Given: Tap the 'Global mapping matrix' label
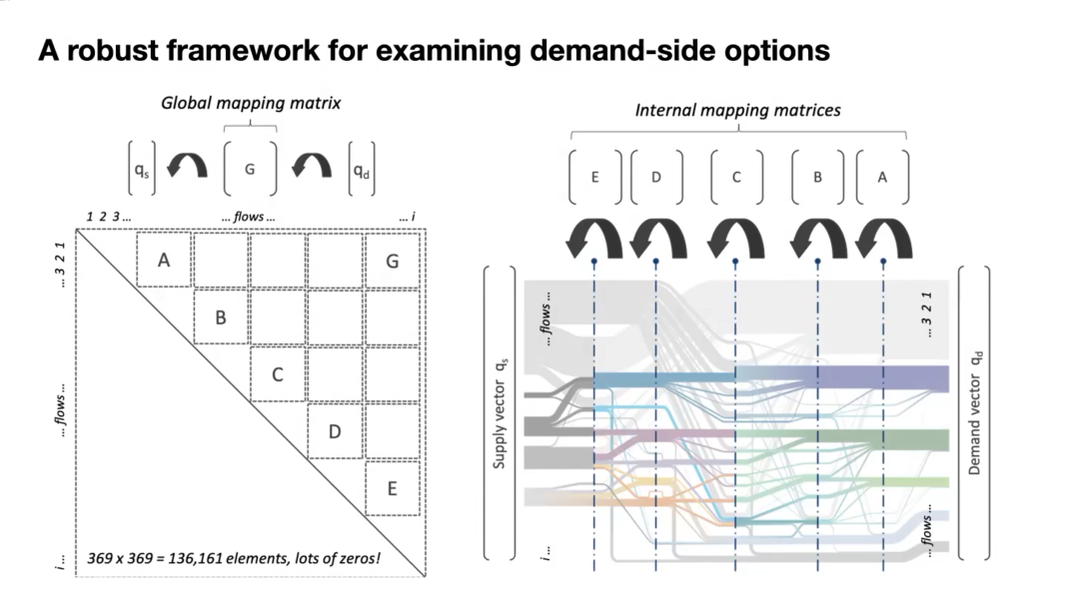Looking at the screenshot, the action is (251, 103).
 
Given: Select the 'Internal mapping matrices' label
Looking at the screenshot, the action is (737, 110).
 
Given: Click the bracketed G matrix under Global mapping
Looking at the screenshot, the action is (250, 169).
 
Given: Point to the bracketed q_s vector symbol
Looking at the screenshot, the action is (141, 169).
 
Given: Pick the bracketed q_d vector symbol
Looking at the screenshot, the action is (362, 169).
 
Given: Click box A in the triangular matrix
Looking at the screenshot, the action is (164, 260).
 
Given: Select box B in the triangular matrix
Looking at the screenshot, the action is (221, 316).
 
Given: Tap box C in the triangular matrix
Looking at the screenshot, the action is (277, 374).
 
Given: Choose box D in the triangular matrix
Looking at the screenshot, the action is (334, 431).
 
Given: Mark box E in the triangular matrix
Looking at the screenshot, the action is (392, 488).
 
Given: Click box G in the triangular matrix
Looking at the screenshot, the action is (392, 261).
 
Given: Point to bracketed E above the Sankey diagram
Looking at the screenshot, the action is (595, 177).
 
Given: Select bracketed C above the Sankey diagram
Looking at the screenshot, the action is (736, 177).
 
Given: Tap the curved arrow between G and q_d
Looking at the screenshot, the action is (312, 166).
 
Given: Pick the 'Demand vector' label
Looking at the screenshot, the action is (975, 413).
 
